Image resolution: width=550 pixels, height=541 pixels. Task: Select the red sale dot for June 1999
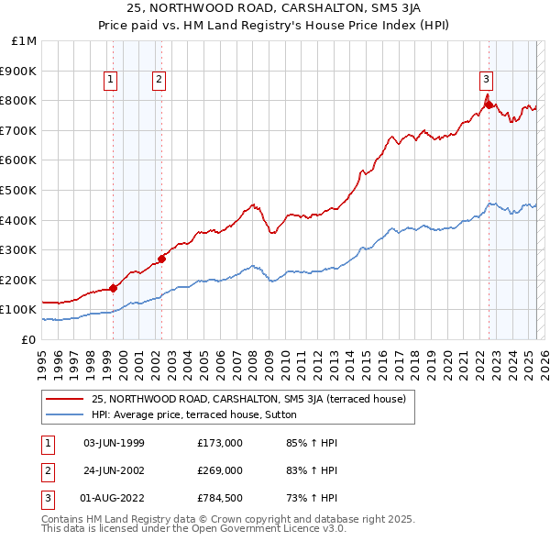point(114,288)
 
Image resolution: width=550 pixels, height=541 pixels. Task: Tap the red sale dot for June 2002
point(161,259)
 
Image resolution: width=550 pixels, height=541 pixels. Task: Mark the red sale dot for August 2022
point(489,105)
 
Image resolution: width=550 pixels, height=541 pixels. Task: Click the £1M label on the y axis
point(25,41)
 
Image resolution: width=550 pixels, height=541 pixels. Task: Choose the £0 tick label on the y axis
point(28,339)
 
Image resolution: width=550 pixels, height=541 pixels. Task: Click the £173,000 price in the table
point(220,443)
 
